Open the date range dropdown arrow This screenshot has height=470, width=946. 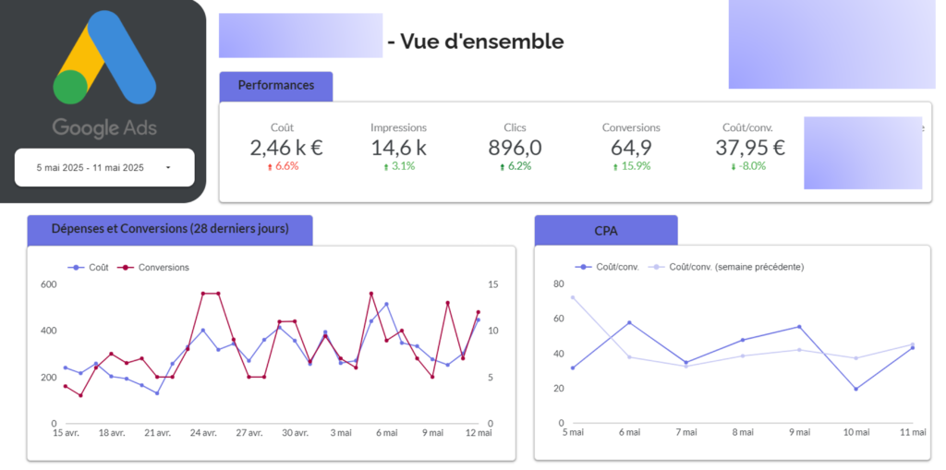(x=167, y=168)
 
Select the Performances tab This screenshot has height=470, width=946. (x=275, y=86)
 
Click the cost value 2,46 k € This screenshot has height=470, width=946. (x=285, y=147)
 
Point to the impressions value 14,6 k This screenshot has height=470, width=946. (x=398, y=147)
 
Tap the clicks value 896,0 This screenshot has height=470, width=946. (x=515, y=147)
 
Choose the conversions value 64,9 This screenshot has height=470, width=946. (x=631, y=147)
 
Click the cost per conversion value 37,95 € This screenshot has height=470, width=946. (x=750, y=147)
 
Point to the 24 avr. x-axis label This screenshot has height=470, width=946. (x=203, y=433)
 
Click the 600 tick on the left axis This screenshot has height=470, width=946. (x=48, y=284)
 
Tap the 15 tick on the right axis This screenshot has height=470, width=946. (x=491, y=284)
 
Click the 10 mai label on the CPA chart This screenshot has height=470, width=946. (x=855, y=432)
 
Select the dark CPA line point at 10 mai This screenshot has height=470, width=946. (x=855, y=389)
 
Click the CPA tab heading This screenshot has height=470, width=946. (x=606, y=230)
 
